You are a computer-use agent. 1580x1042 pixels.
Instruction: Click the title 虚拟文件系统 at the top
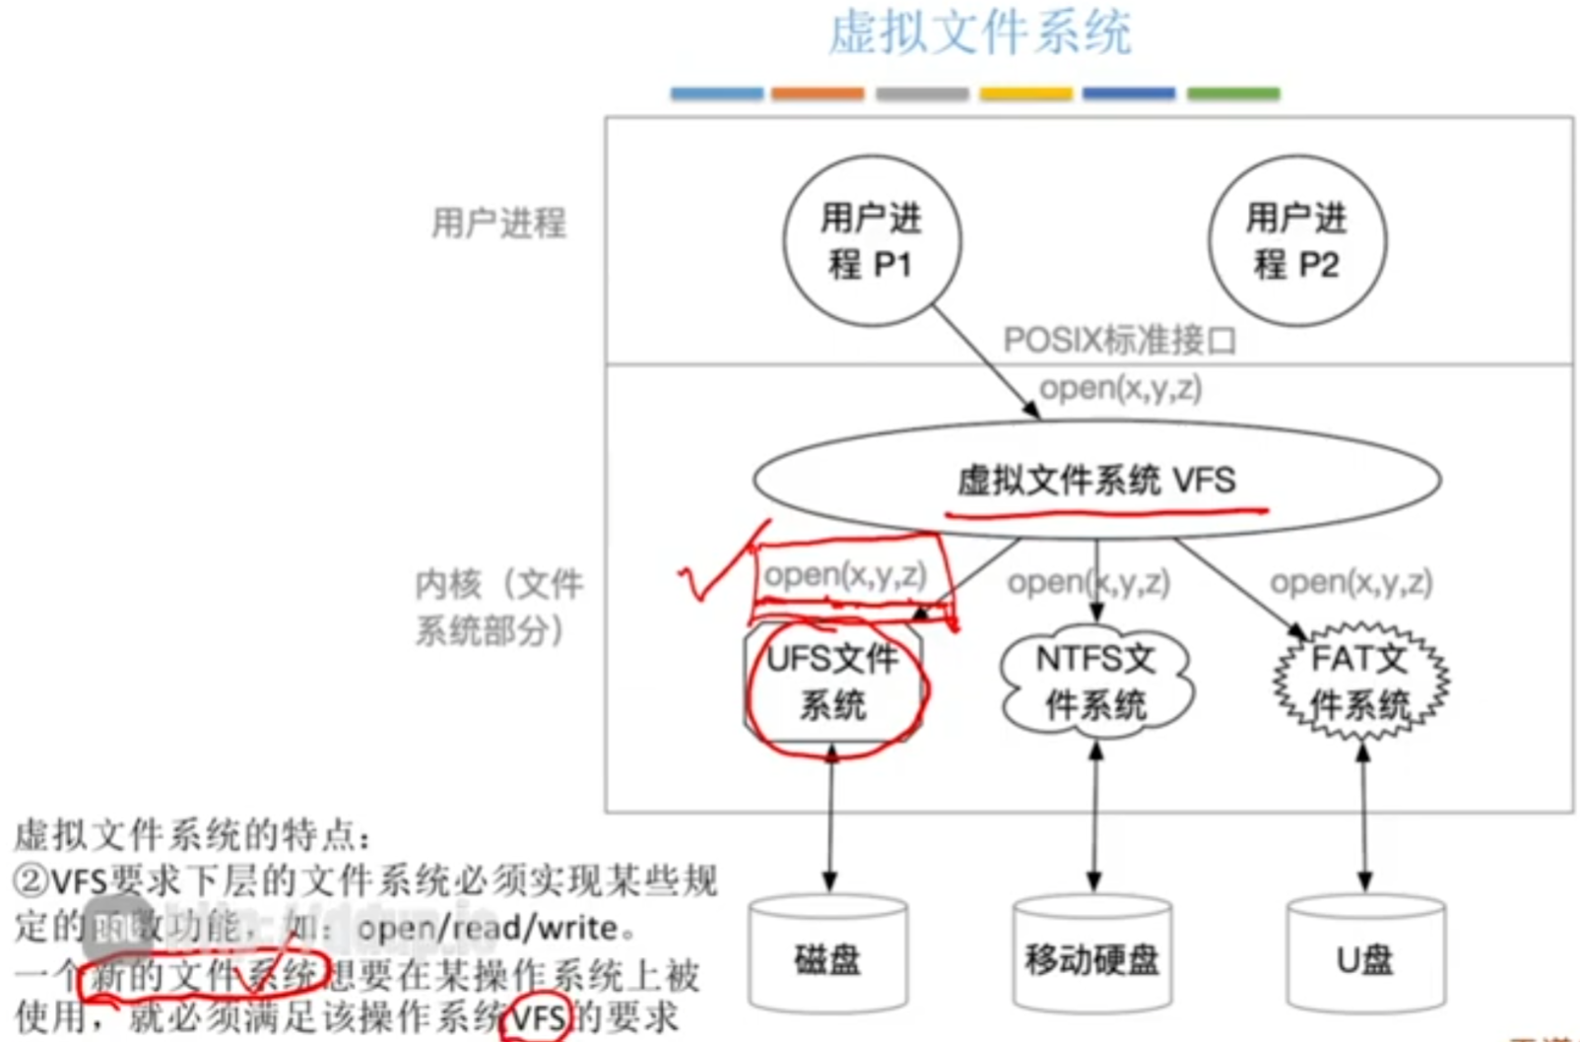979,33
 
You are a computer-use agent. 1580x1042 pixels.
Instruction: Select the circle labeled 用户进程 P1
872,240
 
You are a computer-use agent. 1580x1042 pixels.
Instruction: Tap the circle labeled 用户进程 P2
1297,240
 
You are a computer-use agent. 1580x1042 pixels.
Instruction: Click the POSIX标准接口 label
1119,341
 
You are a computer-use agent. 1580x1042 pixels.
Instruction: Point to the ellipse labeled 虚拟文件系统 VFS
1096,481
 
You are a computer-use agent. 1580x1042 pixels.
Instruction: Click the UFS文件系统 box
833,682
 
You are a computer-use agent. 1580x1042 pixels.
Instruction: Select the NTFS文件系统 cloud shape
1096,682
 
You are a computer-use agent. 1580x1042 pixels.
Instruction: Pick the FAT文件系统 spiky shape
1360,682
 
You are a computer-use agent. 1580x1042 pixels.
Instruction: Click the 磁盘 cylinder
828,957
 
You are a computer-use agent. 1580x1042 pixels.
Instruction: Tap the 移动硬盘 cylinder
1092,957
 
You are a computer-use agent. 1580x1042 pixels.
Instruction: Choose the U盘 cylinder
1365,957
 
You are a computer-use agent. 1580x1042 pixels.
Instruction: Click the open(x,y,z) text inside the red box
845,575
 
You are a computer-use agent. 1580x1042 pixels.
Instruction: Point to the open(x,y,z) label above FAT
1351,583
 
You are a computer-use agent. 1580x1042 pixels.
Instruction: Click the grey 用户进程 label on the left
499,224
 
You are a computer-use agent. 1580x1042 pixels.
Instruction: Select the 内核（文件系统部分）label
498,607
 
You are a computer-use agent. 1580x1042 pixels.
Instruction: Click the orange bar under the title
818,94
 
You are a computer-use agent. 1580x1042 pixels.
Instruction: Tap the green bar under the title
1233,94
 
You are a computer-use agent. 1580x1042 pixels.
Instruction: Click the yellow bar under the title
1025,94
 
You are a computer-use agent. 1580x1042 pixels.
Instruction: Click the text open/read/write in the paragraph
489,928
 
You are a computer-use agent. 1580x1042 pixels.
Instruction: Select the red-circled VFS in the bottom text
539,1018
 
